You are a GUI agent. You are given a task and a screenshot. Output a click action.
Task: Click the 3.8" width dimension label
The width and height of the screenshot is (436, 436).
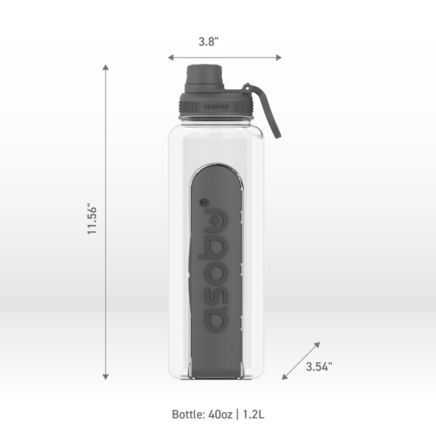pyautogui.click(x=208, y=42)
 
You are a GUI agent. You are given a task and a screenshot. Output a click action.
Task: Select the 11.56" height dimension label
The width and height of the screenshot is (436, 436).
pyautogui.click(x=92, y=220)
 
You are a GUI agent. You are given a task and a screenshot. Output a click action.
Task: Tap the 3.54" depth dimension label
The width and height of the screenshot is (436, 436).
pyautogui.click(x=319, y=366)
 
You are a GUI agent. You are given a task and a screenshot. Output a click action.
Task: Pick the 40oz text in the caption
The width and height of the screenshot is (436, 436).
pyautogui.click(x=220, y=414)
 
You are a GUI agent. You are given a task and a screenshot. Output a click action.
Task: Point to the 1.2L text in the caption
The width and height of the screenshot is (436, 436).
pyautogui.click(x=253, y=414)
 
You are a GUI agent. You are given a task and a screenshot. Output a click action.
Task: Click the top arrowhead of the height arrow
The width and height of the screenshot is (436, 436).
pyautogui.click(x=106, y=67)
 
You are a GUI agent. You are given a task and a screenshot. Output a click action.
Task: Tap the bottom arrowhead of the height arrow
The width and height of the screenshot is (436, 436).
pyautogui.click(x=106, y=377)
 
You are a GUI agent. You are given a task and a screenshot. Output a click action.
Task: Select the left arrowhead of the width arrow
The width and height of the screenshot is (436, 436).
pyautogui.click(x=171, y=57)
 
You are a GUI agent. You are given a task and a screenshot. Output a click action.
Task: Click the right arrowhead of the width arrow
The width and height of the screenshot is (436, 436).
pyautogui.click(x=279, y=57)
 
